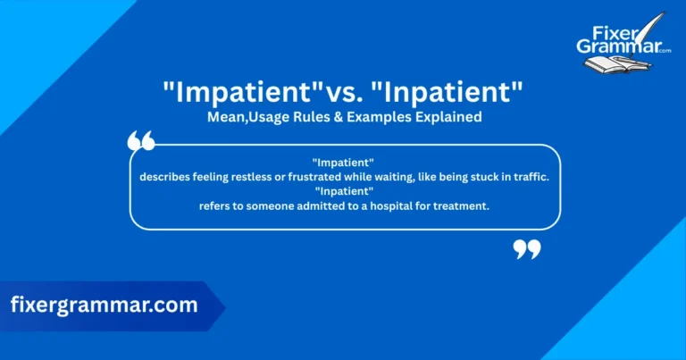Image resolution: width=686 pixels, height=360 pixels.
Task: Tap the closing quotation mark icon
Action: click(527, 249)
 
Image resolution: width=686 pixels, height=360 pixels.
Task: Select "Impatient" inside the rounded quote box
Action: click(344, 162)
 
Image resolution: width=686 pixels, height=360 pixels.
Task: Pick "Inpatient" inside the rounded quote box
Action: click(344, 191)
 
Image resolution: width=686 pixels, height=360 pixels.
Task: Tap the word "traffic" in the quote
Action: click(528, 177)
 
